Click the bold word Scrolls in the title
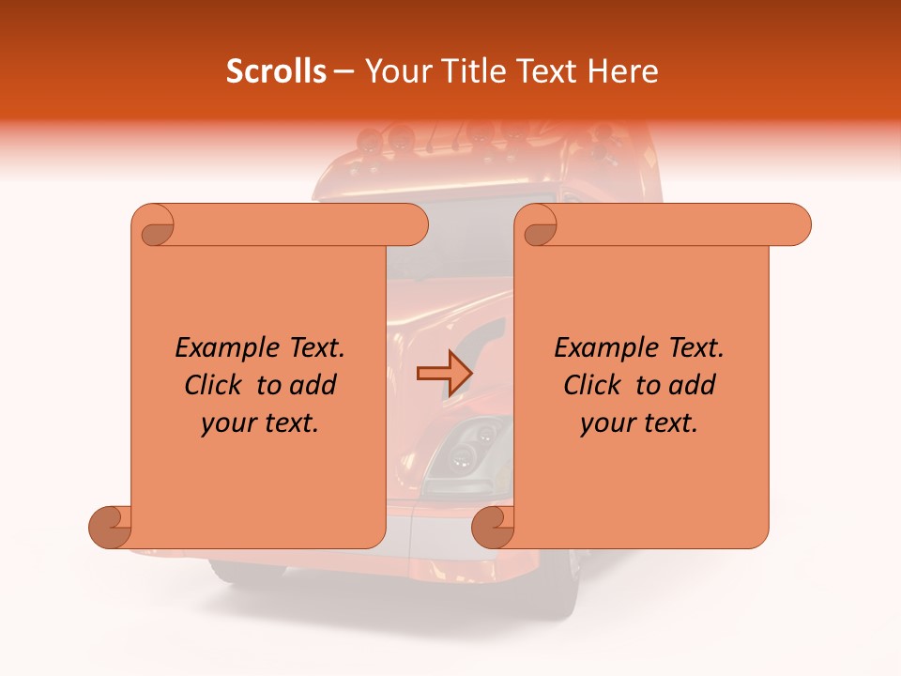coord(276,71)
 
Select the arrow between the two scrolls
coord(444,373)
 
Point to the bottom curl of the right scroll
coord(493,527)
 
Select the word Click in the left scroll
coord(216,386)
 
